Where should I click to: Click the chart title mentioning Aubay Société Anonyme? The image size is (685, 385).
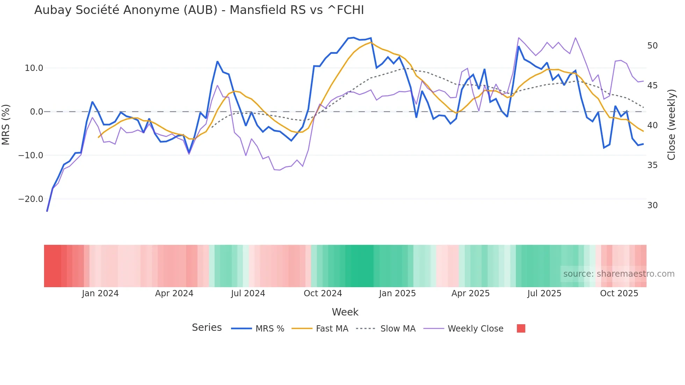[199, 10]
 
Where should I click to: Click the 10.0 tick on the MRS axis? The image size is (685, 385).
[34, 68]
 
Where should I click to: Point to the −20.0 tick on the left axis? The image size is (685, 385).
[31, 199]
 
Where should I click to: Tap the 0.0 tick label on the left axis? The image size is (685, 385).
[36, 112]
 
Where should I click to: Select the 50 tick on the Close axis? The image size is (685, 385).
[652, 46]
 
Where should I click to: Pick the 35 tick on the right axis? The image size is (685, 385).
[652, 165]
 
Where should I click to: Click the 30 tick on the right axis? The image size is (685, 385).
[652, 205]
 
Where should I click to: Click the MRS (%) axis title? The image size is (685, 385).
[6, 124]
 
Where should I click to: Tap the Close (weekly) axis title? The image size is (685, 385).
[671, 125]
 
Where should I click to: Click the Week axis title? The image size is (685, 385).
[345, 312]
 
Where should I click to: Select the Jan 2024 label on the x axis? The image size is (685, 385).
[100, 293]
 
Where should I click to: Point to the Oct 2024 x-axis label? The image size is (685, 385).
[323, 293]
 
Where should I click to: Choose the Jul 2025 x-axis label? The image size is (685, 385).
[544, 293]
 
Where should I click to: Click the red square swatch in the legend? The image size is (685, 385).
[521, 328]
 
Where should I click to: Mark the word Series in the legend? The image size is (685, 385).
[207, 328]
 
